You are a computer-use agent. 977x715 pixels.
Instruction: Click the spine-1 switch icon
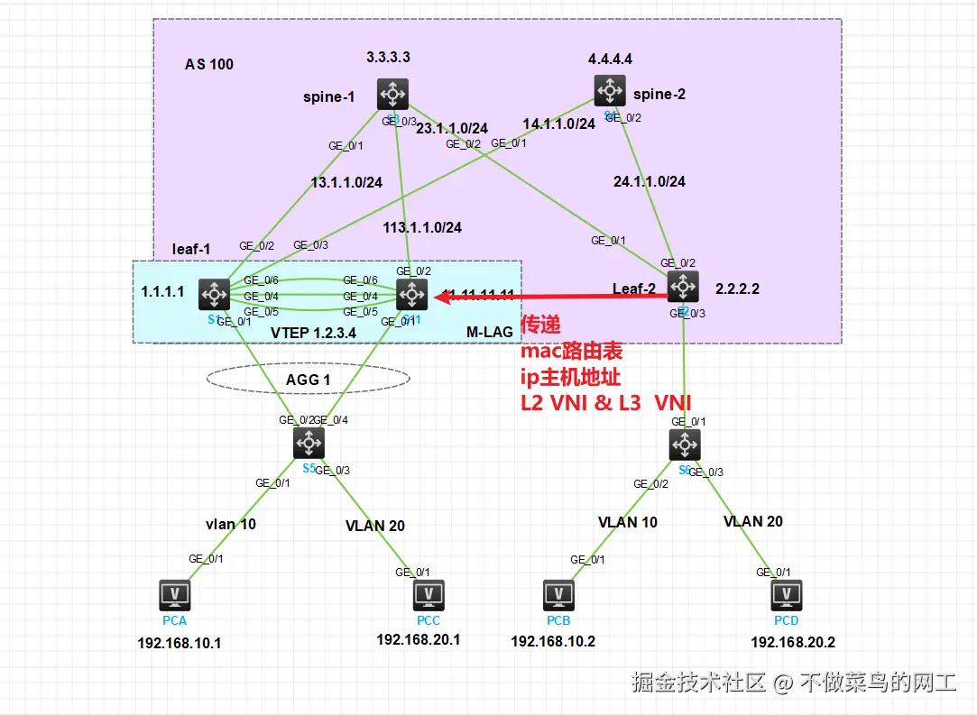tap(393, 94)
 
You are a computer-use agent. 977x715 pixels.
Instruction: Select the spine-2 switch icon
tap(610, 90)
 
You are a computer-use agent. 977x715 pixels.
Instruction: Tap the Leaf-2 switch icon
tap(682, 287)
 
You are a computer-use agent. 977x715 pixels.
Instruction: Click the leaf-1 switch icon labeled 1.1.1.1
tap(215, 293)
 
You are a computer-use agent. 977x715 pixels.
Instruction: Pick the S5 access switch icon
tap(309, 443)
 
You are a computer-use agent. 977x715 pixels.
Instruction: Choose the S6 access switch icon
tap(685, 444)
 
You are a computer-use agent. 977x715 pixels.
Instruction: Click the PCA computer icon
tap(174, 594)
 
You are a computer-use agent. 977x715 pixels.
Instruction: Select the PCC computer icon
tap(429, 594)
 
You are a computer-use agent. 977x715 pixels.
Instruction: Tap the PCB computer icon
tap(559, 594)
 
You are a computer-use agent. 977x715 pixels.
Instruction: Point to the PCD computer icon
tap(787, 594)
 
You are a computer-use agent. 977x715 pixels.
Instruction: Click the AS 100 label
tap(209, 64)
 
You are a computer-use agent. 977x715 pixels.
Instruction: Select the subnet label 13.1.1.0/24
tap(346, 182)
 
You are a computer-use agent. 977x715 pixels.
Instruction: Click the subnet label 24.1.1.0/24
tap(649, 181)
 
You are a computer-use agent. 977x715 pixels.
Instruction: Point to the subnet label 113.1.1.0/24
tap(421, 227)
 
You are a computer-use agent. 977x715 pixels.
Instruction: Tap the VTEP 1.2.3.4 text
tap(313, 332)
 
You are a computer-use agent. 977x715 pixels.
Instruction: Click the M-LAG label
tap(489, 332)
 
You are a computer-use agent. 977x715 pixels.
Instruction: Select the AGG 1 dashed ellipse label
tap(308, 380)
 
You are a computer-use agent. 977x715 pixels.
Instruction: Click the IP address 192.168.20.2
tap(793, 642)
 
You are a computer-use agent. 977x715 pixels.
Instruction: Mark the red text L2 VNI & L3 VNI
tap(605, 403)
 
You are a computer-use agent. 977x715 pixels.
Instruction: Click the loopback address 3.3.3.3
tap(388, 57)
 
